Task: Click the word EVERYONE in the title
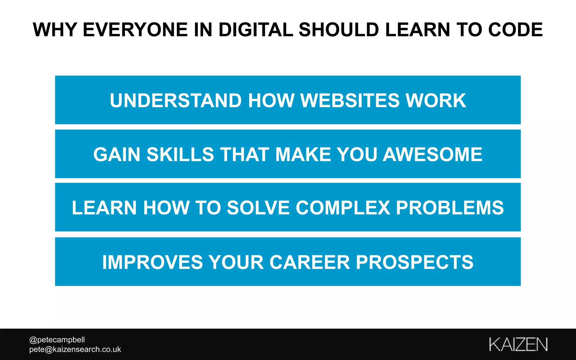coord(135,30)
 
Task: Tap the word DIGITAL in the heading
coord(256,30)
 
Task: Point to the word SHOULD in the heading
coord(339,30)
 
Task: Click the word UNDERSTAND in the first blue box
coord(175,100)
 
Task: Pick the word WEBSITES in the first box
coord(350,100)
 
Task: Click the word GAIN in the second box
coord(117,154)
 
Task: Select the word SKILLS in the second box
coord(180,154)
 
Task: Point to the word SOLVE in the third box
coord(258,208)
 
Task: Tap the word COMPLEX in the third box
coord(343,208)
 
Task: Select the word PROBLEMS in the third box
coord(450,208)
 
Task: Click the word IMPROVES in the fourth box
coord(152,262)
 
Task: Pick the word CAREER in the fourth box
coord(310,262)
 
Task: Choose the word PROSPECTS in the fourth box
coord(415,262)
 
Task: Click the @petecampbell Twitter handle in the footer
coord(57,340)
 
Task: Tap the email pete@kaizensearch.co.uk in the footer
coord(75,349)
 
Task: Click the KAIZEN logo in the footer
coord(518,344)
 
